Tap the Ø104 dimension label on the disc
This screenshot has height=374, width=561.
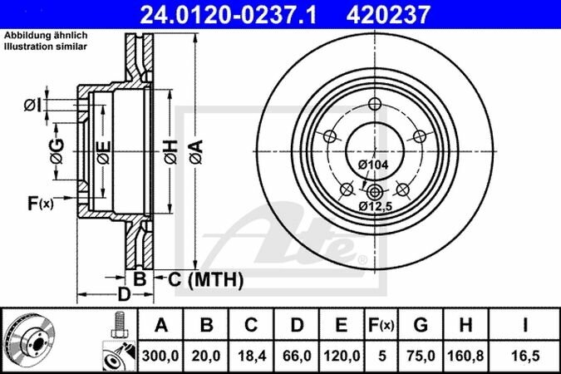click(373, 165)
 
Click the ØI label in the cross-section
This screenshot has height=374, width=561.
click(32, 104)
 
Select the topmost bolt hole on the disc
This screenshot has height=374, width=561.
click(375, 104)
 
